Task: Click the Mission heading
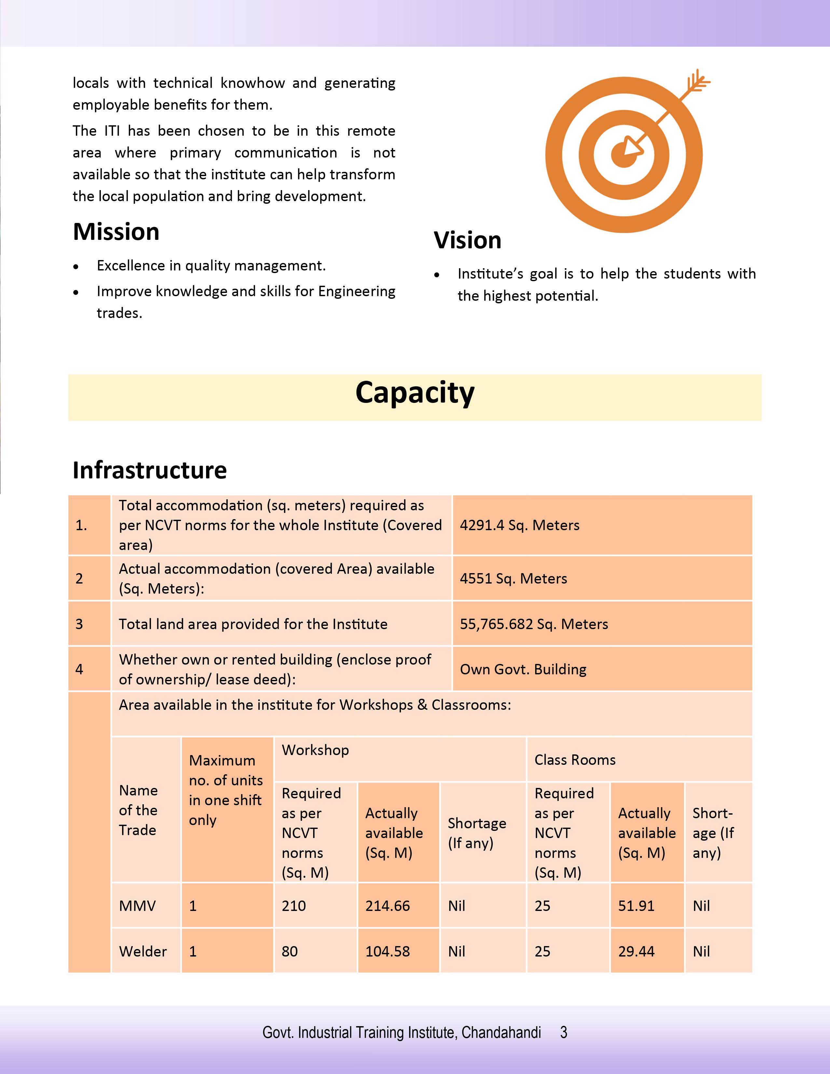tap(116, 232)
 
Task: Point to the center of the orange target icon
tap(624, 155)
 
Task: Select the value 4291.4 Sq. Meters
tap(519, 525)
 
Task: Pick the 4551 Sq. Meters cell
tap(513, 578)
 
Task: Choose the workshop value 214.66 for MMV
tap(387, 906)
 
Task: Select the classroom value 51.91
tap(636, 906)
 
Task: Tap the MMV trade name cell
tap(137, 906)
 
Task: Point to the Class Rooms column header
tap(575, 760)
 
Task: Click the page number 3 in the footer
tap(564, 1032)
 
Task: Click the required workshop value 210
tap(294, 906)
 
